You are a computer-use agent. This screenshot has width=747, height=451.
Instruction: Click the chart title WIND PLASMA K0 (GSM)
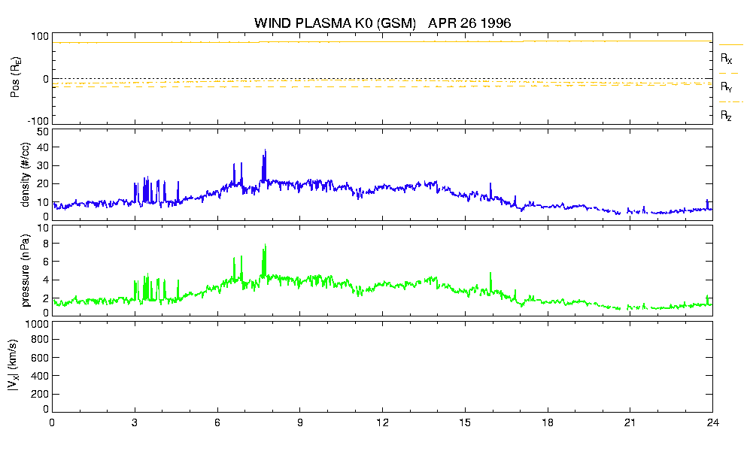(335, 23)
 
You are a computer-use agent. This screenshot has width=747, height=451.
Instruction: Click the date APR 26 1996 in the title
(469, 23)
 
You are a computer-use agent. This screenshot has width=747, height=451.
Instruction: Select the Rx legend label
(726, 58)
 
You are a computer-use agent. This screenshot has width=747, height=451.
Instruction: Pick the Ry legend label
(726, 86)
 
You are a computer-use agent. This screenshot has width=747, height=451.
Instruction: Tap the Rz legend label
(726, 115)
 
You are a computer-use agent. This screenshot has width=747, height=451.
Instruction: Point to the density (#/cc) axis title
(26, 174)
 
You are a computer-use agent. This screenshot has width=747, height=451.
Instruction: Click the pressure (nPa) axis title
(26, 271)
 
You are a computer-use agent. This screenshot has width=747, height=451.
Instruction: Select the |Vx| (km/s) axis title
(13, 366)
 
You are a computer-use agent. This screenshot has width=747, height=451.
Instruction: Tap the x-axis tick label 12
(382, 422)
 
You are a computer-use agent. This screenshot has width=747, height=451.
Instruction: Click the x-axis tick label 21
(630, 422)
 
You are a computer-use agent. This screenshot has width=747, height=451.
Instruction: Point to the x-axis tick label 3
(135, 422)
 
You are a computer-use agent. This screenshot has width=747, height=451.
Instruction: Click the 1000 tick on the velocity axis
(37, 324)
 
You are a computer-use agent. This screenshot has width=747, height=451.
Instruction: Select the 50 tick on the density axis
(42, 132)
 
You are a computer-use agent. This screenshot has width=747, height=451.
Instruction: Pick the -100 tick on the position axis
(38, 121)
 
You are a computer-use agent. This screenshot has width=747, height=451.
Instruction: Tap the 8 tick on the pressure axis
(46, 244)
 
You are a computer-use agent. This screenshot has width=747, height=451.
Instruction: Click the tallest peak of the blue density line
(265, 150)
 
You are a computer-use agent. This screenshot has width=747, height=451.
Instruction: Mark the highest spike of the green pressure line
(265, 245)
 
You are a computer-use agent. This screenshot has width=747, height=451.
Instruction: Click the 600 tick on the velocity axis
(40, 358)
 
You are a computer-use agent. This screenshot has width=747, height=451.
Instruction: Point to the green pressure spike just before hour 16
(490, 273)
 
